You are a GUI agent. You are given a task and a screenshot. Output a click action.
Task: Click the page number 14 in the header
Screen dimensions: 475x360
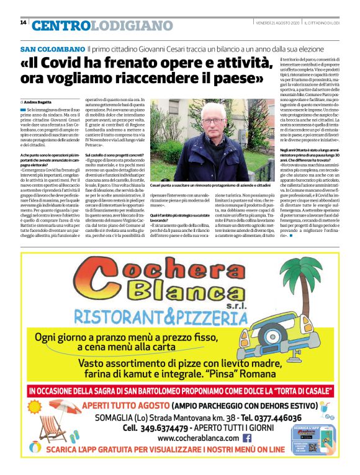pos(23,22)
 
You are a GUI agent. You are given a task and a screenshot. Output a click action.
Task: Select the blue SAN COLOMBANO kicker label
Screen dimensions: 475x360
pos(53,48)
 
